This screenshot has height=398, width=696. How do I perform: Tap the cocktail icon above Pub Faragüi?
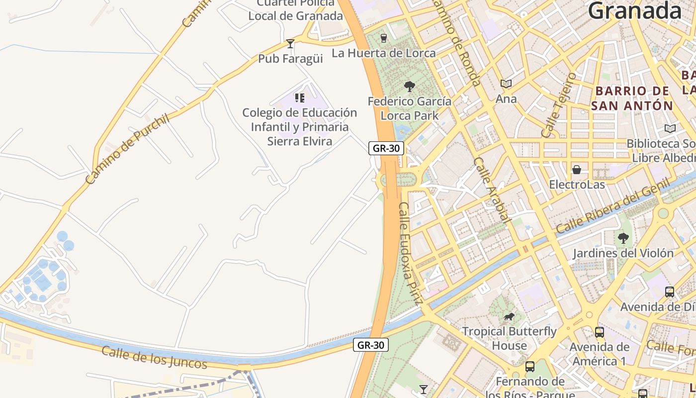click(x=290, y=44)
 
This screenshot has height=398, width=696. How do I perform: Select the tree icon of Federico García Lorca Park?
click(x=410, y=87)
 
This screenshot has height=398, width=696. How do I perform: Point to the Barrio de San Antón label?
click(x=632, y=98)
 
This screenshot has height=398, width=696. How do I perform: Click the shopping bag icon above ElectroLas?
click(x=577, y=170)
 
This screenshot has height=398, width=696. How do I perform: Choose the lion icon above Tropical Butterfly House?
click(x=509, y=316)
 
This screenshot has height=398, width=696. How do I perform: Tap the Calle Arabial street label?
click(x=492, y=190)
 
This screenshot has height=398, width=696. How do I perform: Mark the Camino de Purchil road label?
click(x=128, y=149)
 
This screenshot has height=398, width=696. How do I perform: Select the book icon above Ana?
click(x=506, y=84)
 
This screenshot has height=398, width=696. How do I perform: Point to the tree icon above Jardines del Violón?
click(x=623, y=238)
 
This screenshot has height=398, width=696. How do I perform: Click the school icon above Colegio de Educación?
click(x=299, y=98)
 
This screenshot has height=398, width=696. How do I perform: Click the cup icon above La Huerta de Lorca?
click(x=383, y=38)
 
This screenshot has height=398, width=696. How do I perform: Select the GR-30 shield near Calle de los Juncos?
click(x=370, y=345)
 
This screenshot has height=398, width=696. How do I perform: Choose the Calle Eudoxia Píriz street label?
click(x=411, y=253)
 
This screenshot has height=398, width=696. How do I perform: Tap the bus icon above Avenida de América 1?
click(x=600, y=332)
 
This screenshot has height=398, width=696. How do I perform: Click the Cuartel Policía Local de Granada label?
click(x=296, y=9)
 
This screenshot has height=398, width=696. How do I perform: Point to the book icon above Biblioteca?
click(x=670, y=128)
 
